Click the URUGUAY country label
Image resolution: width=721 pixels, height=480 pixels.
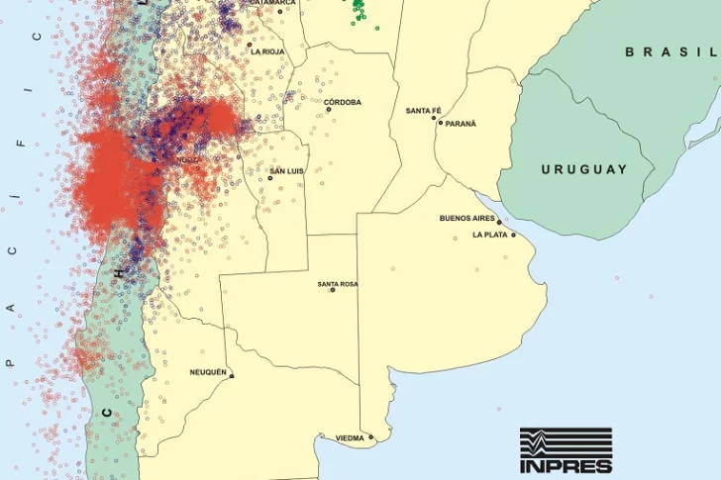583,169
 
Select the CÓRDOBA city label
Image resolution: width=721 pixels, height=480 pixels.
343,102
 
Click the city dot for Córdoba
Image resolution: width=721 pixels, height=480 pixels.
328,110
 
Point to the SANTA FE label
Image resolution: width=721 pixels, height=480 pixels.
423,111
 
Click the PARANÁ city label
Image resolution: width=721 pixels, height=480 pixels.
461,124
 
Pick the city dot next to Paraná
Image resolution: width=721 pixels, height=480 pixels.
440,123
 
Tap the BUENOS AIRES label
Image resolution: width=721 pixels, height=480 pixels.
466,218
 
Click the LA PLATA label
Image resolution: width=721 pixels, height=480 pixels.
489,235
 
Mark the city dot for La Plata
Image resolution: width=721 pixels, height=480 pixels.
513,235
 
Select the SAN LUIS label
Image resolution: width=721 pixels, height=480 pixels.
287,171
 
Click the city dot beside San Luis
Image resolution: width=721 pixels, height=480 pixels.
270,178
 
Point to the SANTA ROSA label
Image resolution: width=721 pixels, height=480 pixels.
338,284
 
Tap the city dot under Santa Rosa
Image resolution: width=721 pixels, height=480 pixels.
333,290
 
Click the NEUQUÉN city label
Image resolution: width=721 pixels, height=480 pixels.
208,372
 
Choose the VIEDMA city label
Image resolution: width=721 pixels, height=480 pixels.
350,437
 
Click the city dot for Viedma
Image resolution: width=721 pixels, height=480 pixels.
371,437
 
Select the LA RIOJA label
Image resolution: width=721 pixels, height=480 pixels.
268,51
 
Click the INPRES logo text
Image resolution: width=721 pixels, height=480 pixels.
566,465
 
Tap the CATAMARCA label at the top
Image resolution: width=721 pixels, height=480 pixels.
272,3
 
